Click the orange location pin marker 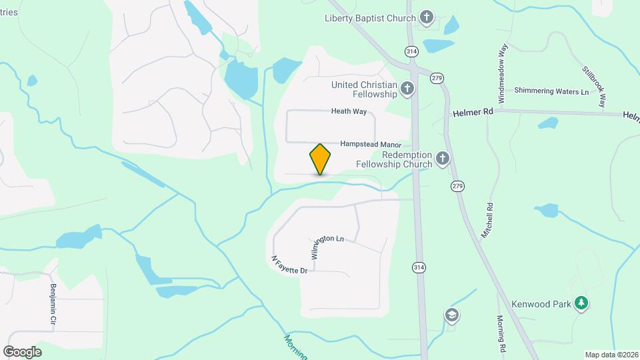pos(320,159)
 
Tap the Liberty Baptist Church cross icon pos(427,18)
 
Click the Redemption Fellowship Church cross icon pos(442,159)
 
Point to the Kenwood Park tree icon pos(582,304)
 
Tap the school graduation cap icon pos(452,315)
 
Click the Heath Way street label pos(349,112)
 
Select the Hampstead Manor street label pos(371,144)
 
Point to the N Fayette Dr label pos(289,265)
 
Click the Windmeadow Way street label pos(502,73)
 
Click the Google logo pos(22,351)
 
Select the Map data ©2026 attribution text pos(610,355)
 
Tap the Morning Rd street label pos(500,333)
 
